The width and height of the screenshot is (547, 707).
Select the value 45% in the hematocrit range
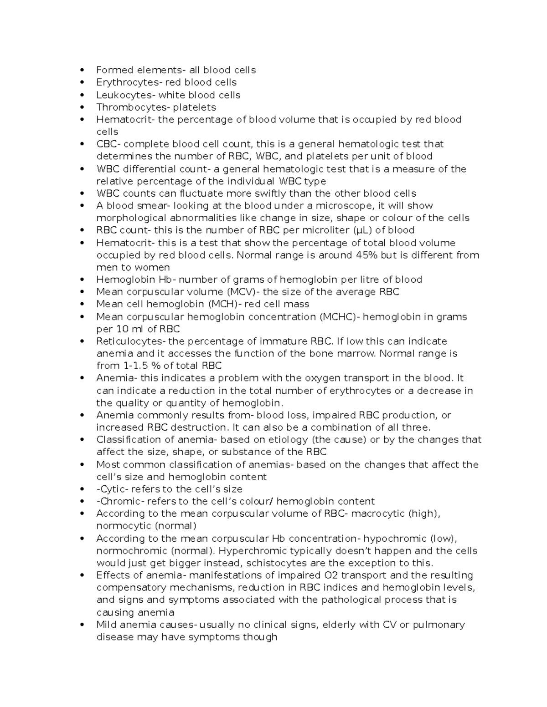click(365, 255)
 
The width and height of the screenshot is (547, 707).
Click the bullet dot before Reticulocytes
click(82, 341)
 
